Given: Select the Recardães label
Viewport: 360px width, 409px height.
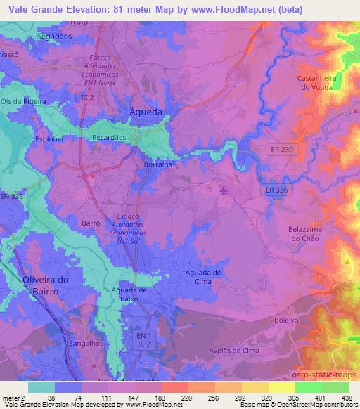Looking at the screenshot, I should pos(109,138).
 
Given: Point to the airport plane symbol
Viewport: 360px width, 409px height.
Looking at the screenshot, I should pos(224,190).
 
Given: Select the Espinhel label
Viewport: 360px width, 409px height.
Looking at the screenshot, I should pos(50,139).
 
